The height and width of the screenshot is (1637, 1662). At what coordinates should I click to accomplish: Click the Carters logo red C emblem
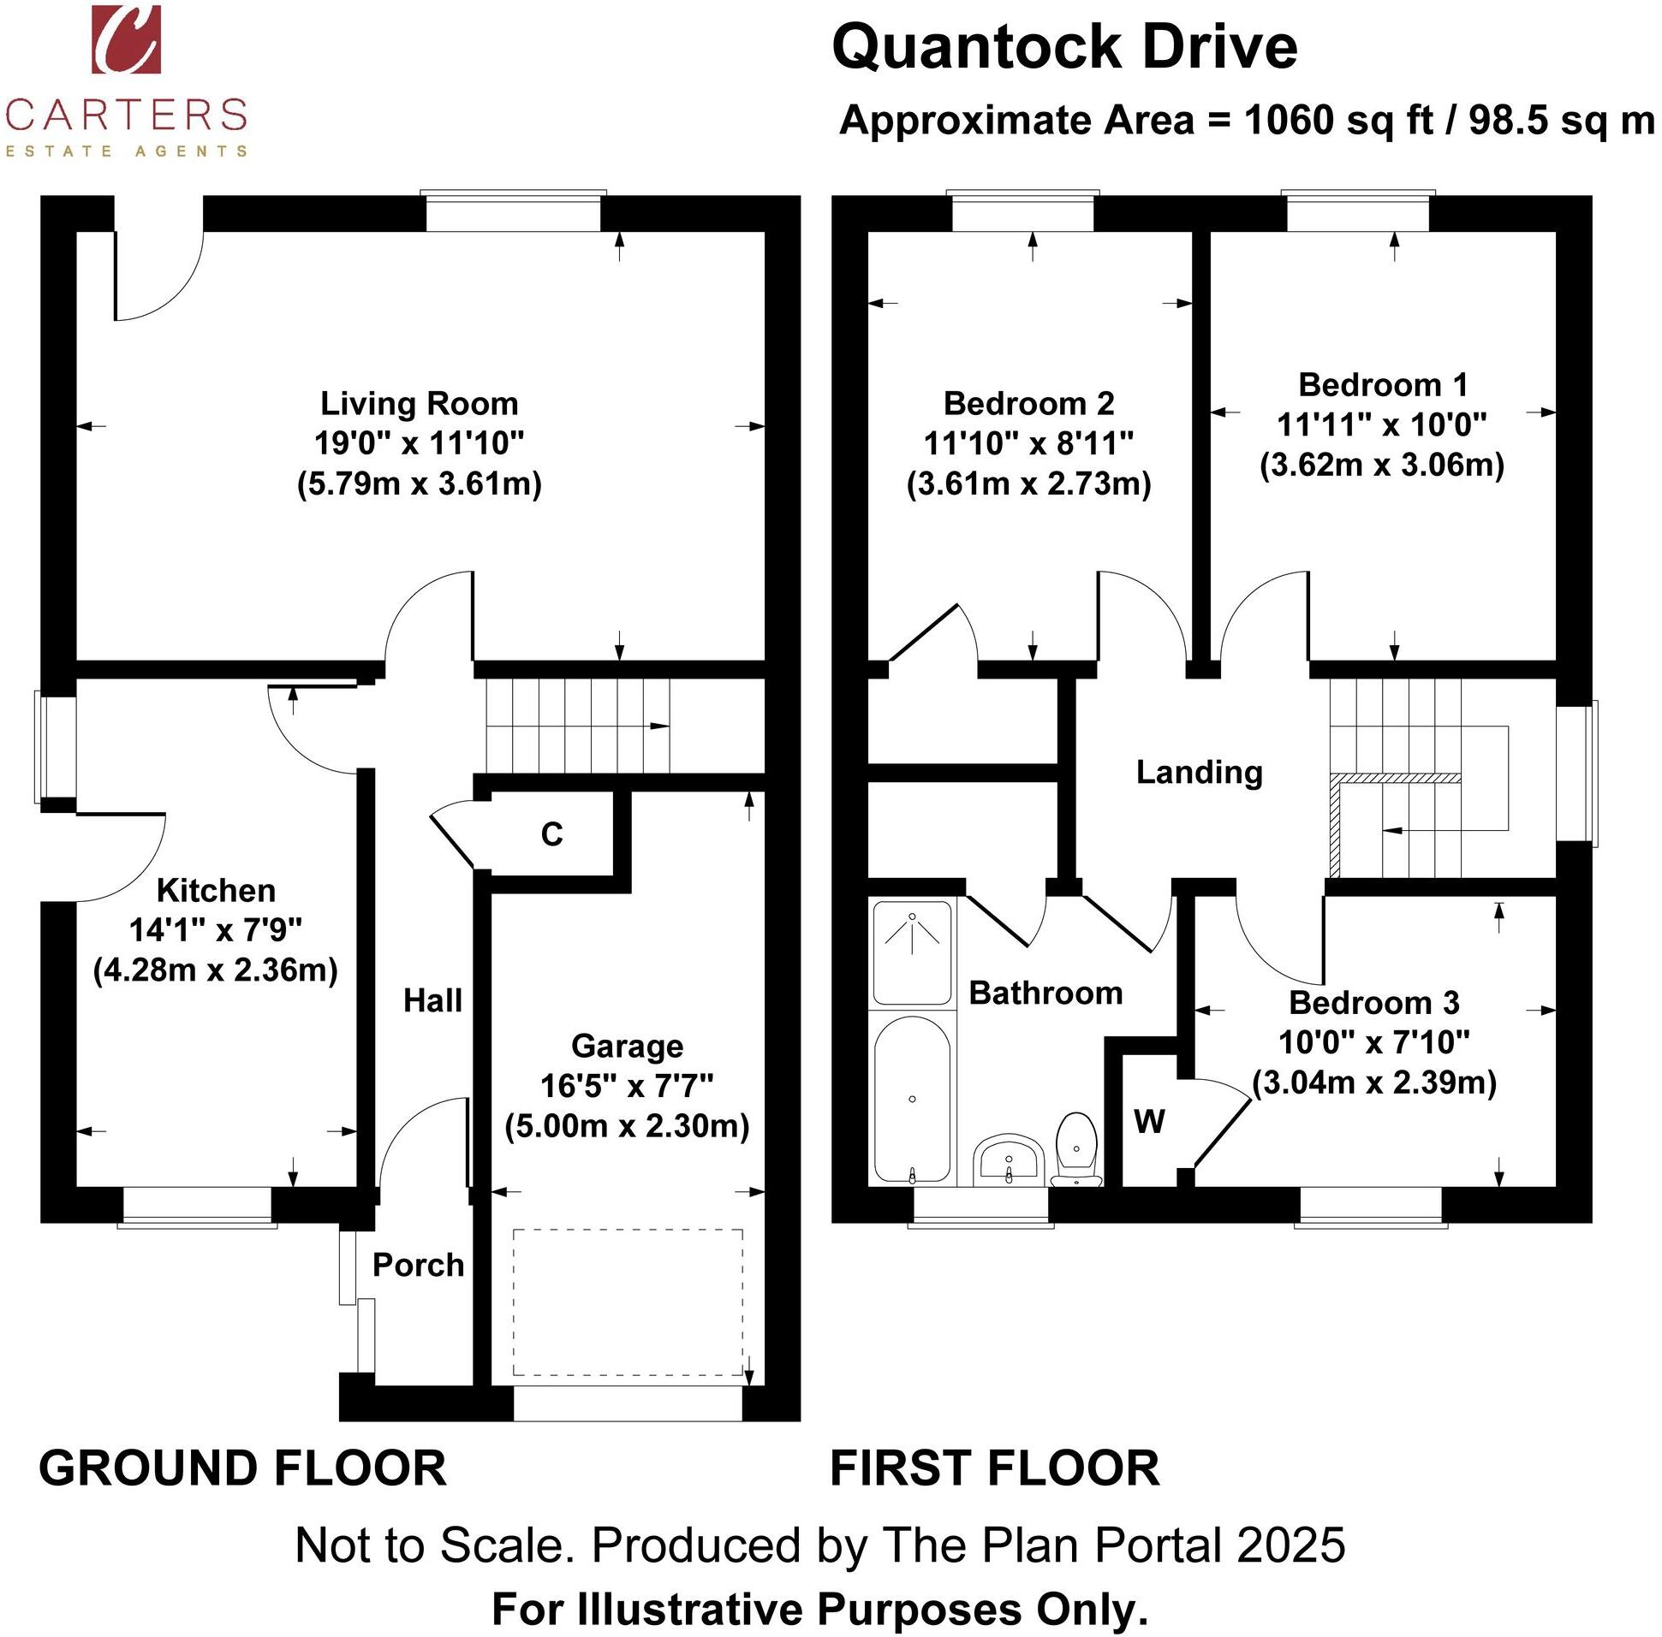[x=126, y=39]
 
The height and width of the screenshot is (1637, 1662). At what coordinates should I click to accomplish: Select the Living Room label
[x=419, y=403]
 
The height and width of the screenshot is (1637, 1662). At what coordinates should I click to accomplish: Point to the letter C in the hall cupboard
[x=551, y=834]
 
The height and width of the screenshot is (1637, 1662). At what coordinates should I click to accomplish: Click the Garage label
[x=627, y=1046]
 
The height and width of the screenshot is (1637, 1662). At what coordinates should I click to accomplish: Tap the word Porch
[x=418, y=1265]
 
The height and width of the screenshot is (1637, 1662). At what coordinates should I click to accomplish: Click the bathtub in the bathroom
[x=912, y=1099]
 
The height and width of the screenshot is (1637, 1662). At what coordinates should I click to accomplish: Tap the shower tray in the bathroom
[x=912, y=952]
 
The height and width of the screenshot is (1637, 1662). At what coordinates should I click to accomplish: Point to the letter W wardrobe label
[x=1149, y=1122]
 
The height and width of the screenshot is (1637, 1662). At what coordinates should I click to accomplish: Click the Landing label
[x=1199, y=772]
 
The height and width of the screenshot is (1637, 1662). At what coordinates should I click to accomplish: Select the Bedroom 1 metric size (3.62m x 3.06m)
[x=1381, y=466]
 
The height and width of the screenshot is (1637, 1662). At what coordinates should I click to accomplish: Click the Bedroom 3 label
[x=1373, y=1003]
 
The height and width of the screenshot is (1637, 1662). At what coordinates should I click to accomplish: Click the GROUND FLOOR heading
[x=242, y=1468]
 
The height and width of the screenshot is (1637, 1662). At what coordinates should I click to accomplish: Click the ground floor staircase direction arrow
[x=659, y=727]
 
